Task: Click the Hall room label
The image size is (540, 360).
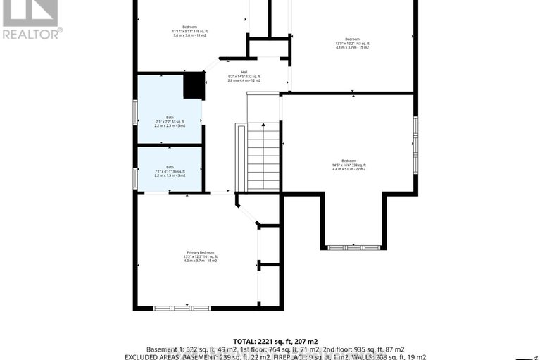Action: pyautogui.click(x=244, y=72)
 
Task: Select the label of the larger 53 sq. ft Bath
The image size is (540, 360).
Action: pyautogui.click(x=170, y=117)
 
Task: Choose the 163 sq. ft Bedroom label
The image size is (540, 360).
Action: pyautogui.click(x=352, y=39)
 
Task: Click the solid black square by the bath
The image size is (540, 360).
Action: pyautogui.click(x=193, y=86)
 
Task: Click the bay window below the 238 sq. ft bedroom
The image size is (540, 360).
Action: pyautogui.click(x=353, y=247)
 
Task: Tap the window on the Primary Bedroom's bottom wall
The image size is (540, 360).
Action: pyautogui.click(x=182, y=308)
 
